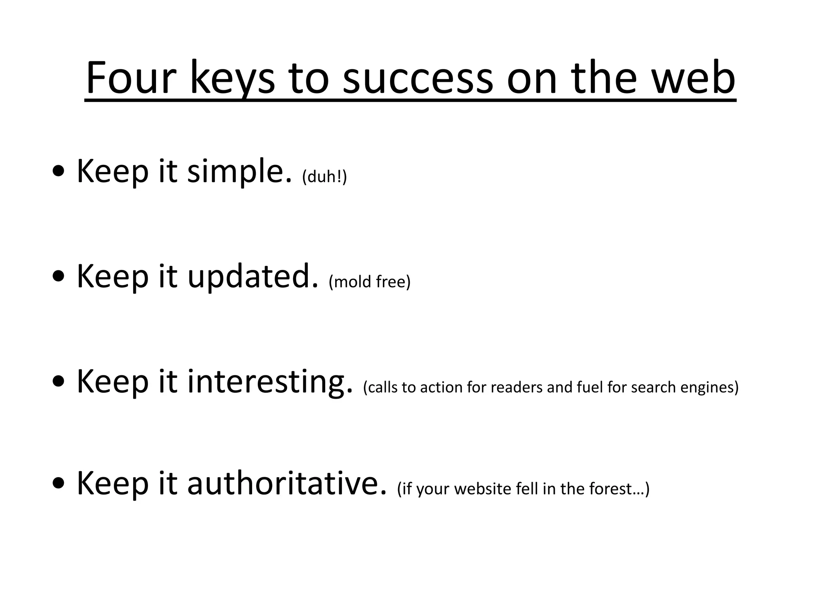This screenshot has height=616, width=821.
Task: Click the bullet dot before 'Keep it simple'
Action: point(59,172)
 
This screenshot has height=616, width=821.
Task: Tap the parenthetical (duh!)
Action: point(324,176)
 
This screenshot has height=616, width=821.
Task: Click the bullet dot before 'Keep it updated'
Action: point(59,277)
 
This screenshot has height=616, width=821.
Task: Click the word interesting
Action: point(270,382)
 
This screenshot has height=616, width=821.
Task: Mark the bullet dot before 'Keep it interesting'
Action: point(59,382)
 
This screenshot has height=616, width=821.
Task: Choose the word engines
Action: point(708,388)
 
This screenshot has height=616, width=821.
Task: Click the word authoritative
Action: point(287,483)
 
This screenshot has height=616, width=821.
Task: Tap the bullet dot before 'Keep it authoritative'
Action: point(59,484)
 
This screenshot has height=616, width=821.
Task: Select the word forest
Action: point(616,488)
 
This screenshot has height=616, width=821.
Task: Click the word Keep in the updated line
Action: point(112,277)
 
